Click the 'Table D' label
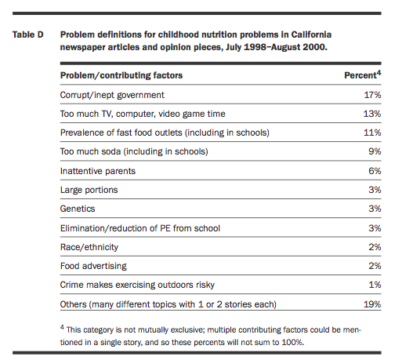click(28, 35)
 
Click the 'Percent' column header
click(360, 75)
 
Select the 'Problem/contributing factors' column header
click(121, 75)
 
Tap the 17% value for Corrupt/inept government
click(372, 95)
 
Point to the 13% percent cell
click(372, 114)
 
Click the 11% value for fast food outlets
click(372, 133)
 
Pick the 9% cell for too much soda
click(375, 151)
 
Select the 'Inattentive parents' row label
click(98, 171)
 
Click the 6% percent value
click(375, 171)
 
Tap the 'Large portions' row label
click(89, 190)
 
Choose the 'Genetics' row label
click(78, 209)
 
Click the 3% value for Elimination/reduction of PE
click(375, 228)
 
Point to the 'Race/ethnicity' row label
click(89, 247)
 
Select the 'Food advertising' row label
click(93, 266)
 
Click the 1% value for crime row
click(375, 285)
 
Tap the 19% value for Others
click(372, 304)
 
